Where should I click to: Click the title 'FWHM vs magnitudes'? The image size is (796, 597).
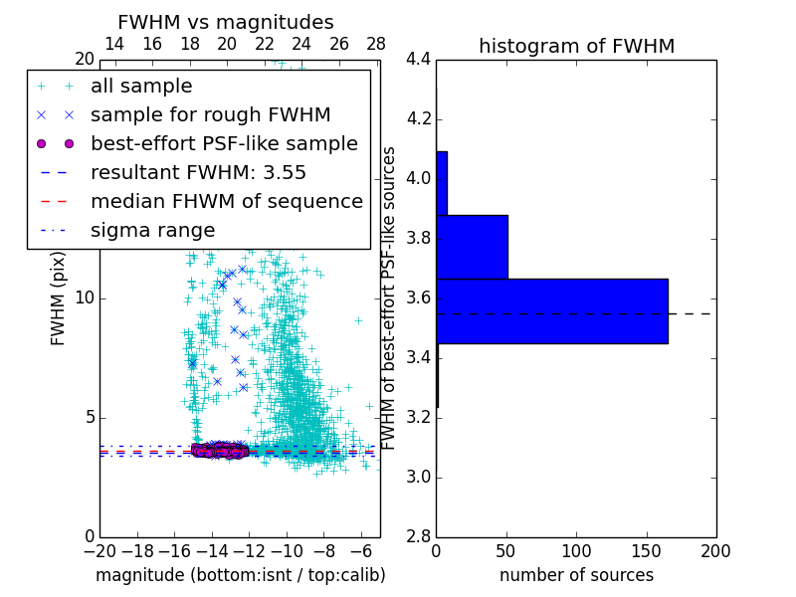point(226,22)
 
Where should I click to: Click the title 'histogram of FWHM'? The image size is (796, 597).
point(576,46)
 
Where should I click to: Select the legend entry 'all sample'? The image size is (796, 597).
point(141,87)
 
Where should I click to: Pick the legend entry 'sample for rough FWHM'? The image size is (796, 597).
point(210,115)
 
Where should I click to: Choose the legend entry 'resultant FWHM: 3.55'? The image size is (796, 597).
point(198,173)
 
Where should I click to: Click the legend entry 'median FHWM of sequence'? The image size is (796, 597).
point(226,202)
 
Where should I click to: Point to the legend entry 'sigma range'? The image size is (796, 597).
point(152,231)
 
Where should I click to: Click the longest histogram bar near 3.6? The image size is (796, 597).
point(551,310)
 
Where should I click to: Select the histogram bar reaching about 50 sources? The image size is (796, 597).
point(472,247)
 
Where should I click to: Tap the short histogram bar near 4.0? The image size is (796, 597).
point(441,183)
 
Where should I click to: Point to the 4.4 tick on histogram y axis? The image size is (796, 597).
point(418,60)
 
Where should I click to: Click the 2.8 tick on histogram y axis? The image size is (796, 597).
point(418,537)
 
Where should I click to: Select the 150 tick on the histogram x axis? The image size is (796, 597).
point(646,550)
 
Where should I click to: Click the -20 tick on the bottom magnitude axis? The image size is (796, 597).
point(99,550)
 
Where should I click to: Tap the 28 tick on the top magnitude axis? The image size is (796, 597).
point(376,44)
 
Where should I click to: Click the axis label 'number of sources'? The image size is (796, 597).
point(576,575)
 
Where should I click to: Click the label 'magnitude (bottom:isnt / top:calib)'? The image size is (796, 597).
point(240,575)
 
